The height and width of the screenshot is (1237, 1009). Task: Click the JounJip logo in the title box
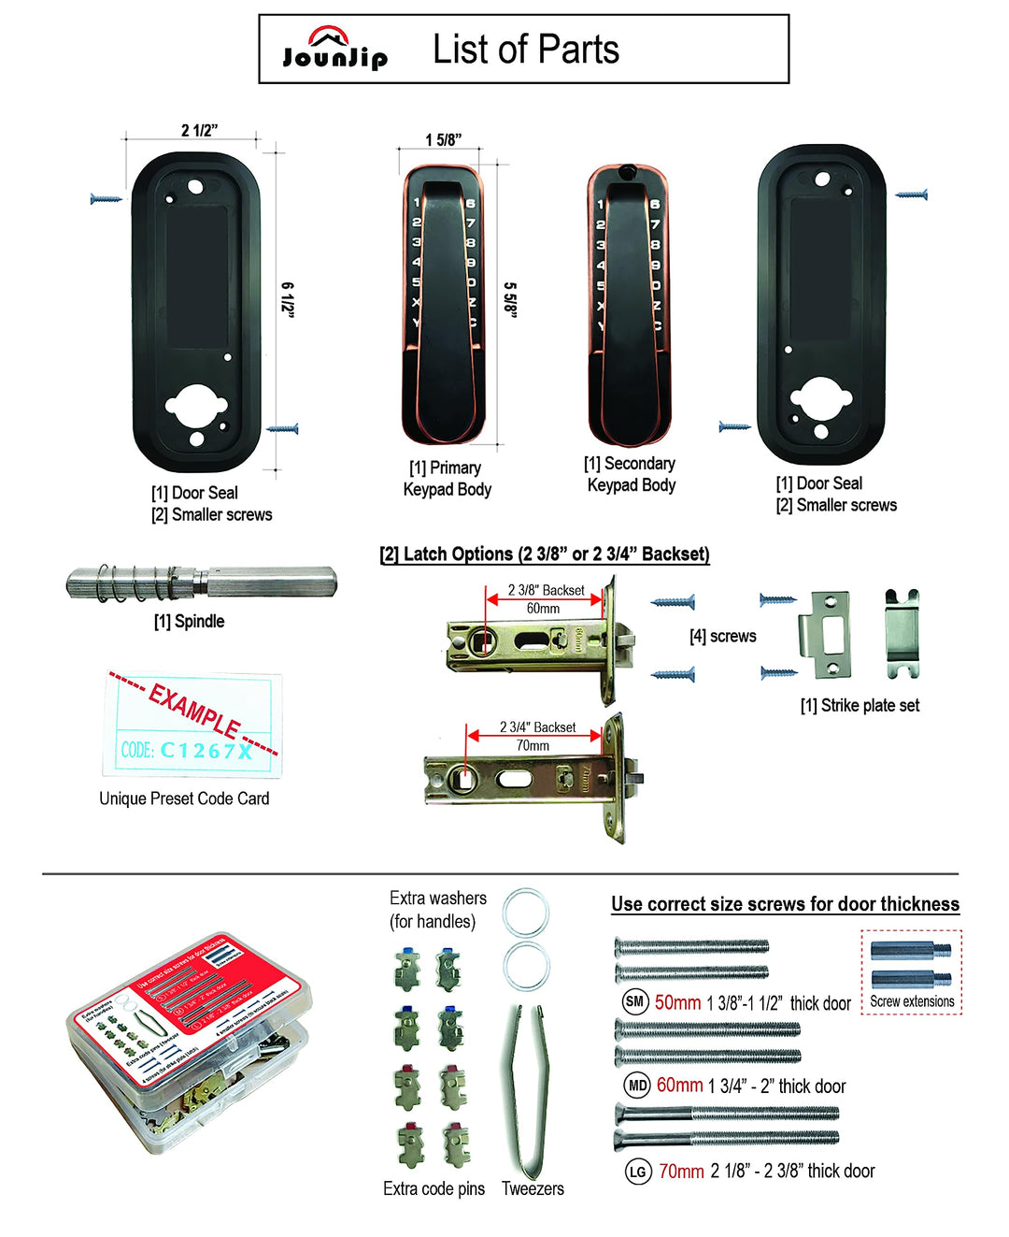tap(334, 50)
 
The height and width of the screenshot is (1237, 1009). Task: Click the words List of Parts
tap(525, 50)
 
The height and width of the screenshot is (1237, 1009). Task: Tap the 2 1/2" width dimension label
tap(199, 130)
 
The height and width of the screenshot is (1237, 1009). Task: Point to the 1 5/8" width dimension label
tap(443, 140)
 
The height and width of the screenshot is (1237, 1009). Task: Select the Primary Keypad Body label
tap(447, 479)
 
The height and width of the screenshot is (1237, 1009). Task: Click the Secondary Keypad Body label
tap(631, 474)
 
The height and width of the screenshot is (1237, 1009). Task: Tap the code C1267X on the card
tap(206, 750)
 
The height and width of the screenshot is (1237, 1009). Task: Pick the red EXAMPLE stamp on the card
tap(194, 710)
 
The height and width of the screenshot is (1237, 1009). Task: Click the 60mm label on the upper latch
tap(543, 609)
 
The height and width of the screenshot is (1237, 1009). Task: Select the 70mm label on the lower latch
tap(533, 746)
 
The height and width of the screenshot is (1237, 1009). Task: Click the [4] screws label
tap(722, 637)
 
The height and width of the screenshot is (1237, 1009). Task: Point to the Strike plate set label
tap(860, 706)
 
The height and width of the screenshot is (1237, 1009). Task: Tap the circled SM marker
tap(634, 1002)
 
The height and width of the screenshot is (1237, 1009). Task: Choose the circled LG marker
tap(637, 1172)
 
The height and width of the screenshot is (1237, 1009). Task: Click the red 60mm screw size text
tap(679, 1086)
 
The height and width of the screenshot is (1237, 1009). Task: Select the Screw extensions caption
tap(912, 1001)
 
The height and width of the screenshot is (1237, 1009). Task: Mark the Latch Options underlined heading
tap(545, 554)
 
